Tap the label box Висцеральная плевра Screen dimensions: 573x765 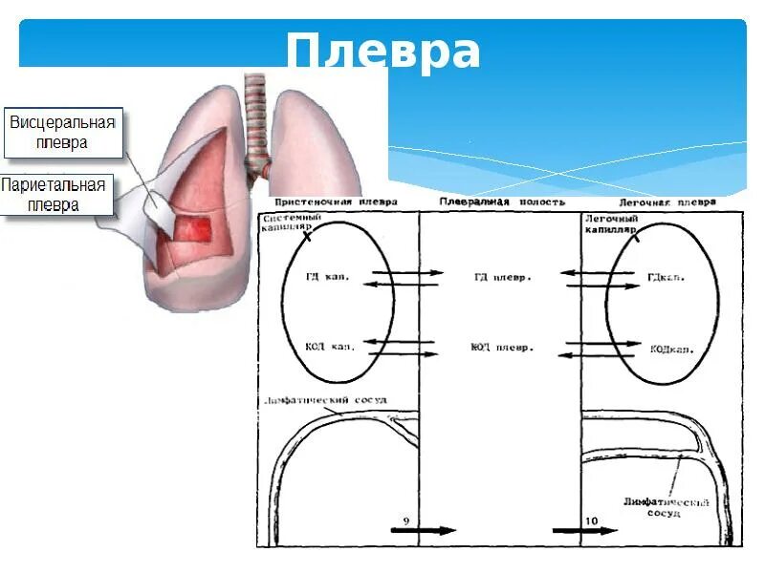coord(62,133)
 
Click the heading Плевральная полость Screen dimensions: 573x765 coord(502,202)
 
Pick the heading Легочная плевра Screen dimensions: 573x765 coord(667,202)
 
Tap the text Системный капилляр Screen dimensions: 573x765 coord(292,223)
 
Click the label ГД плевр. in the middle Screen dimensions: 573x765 coord(502,277)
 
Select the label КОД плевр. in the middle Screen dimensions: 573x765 coord(501,348)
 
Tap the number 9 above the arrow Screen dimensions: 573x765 coord(406,520)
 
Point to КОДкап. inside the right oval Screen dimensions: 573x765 coord(671,349)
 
